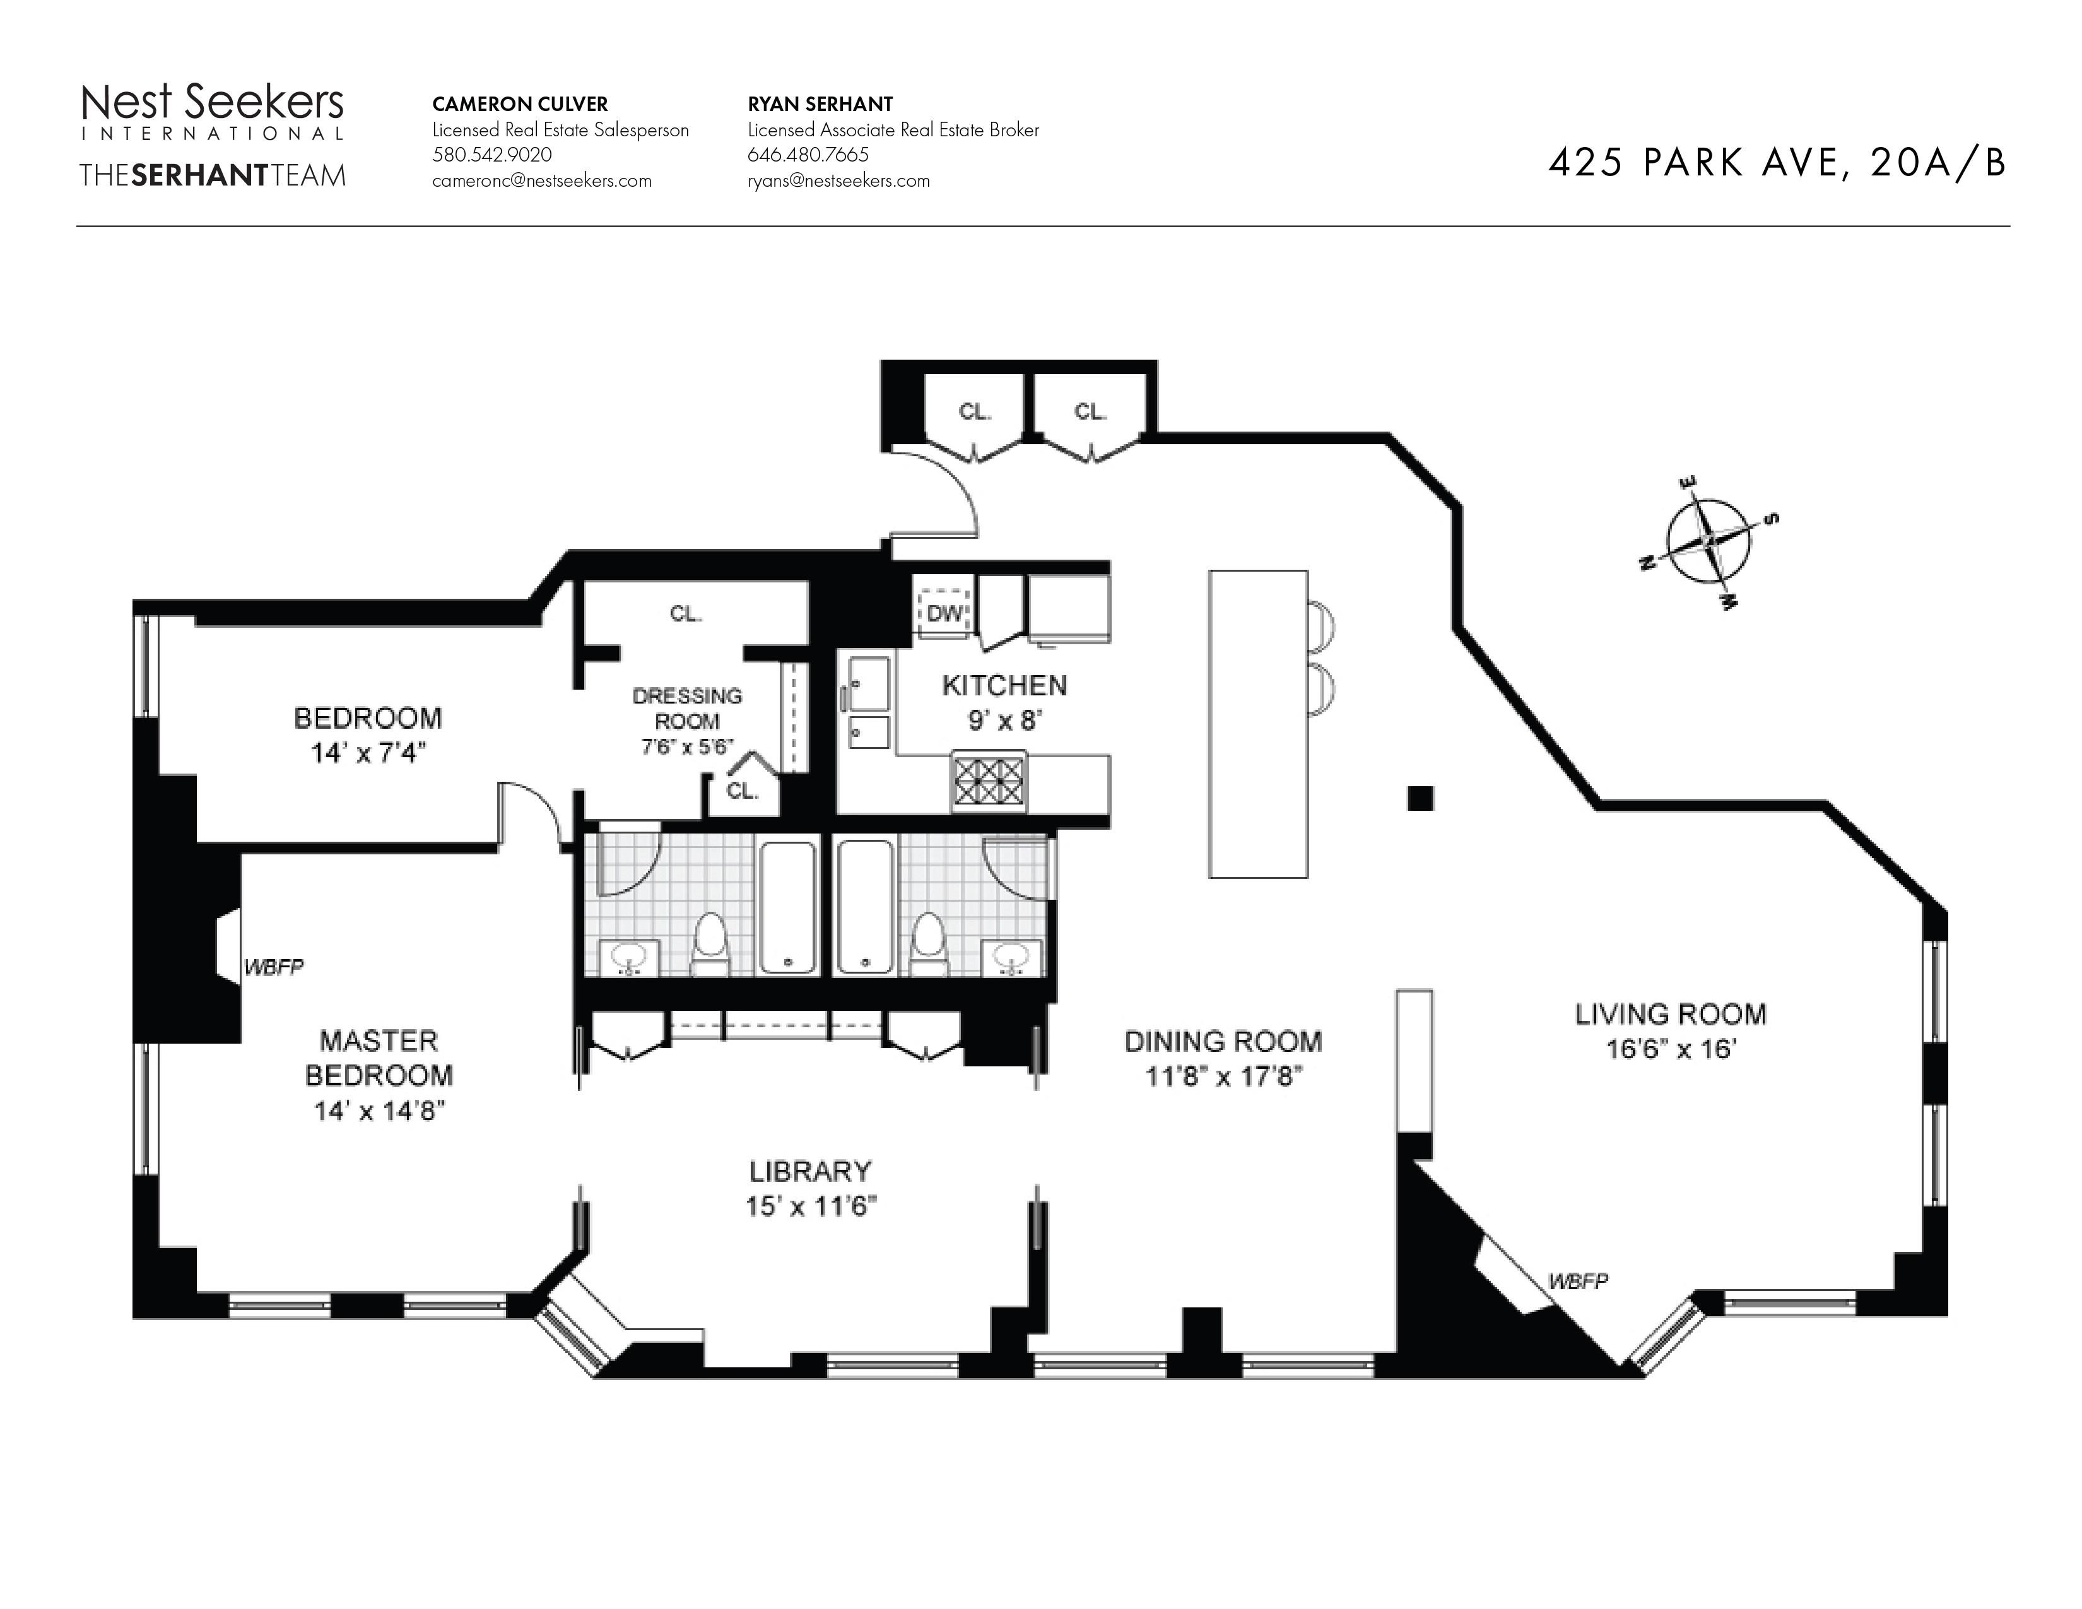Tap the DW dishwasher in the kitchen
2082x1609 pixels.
tap(944, 612)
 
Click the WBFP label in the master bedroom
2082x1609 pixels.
tap(274, 967)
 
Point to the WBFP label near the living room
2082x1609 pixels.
tap(1578, 1281)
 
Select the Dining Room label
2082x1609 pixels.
tap(1223, 1041)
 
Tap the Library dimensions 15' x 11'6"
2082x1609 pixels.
tap(810, 1206)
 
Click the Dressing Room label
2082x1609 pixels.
tap(686, 708)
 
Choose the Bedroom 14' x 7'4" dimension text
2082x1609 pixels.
tap(367, 753)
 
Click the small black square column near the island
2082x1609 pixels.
tap(1420, 798)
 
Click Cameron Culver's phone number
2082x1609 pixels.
tap(492, 155)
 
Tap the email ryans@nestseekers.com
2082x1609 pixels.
tap(839, 180)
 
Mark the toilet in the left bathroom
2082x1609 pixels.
tap(709, 945)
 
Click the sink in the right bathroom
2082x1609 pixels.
tap(1011, 957)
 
